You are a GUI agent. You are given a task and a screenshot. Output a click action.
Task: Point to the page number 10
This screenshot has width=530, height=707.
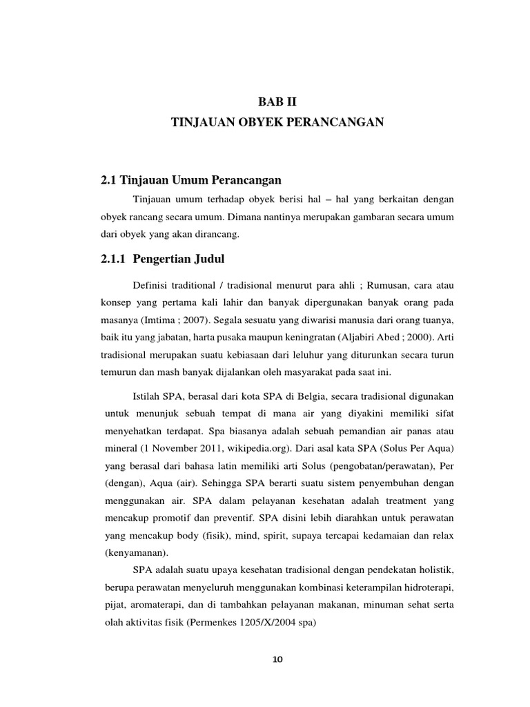[x=278, y=660]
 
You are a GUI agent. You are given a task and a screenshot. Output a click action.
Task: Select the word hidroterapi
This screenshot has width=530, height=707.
[x=425, y=588]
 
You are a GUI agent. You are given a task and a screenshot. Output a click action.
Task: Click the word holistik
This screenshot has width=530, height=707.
[x=432, y=570]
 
